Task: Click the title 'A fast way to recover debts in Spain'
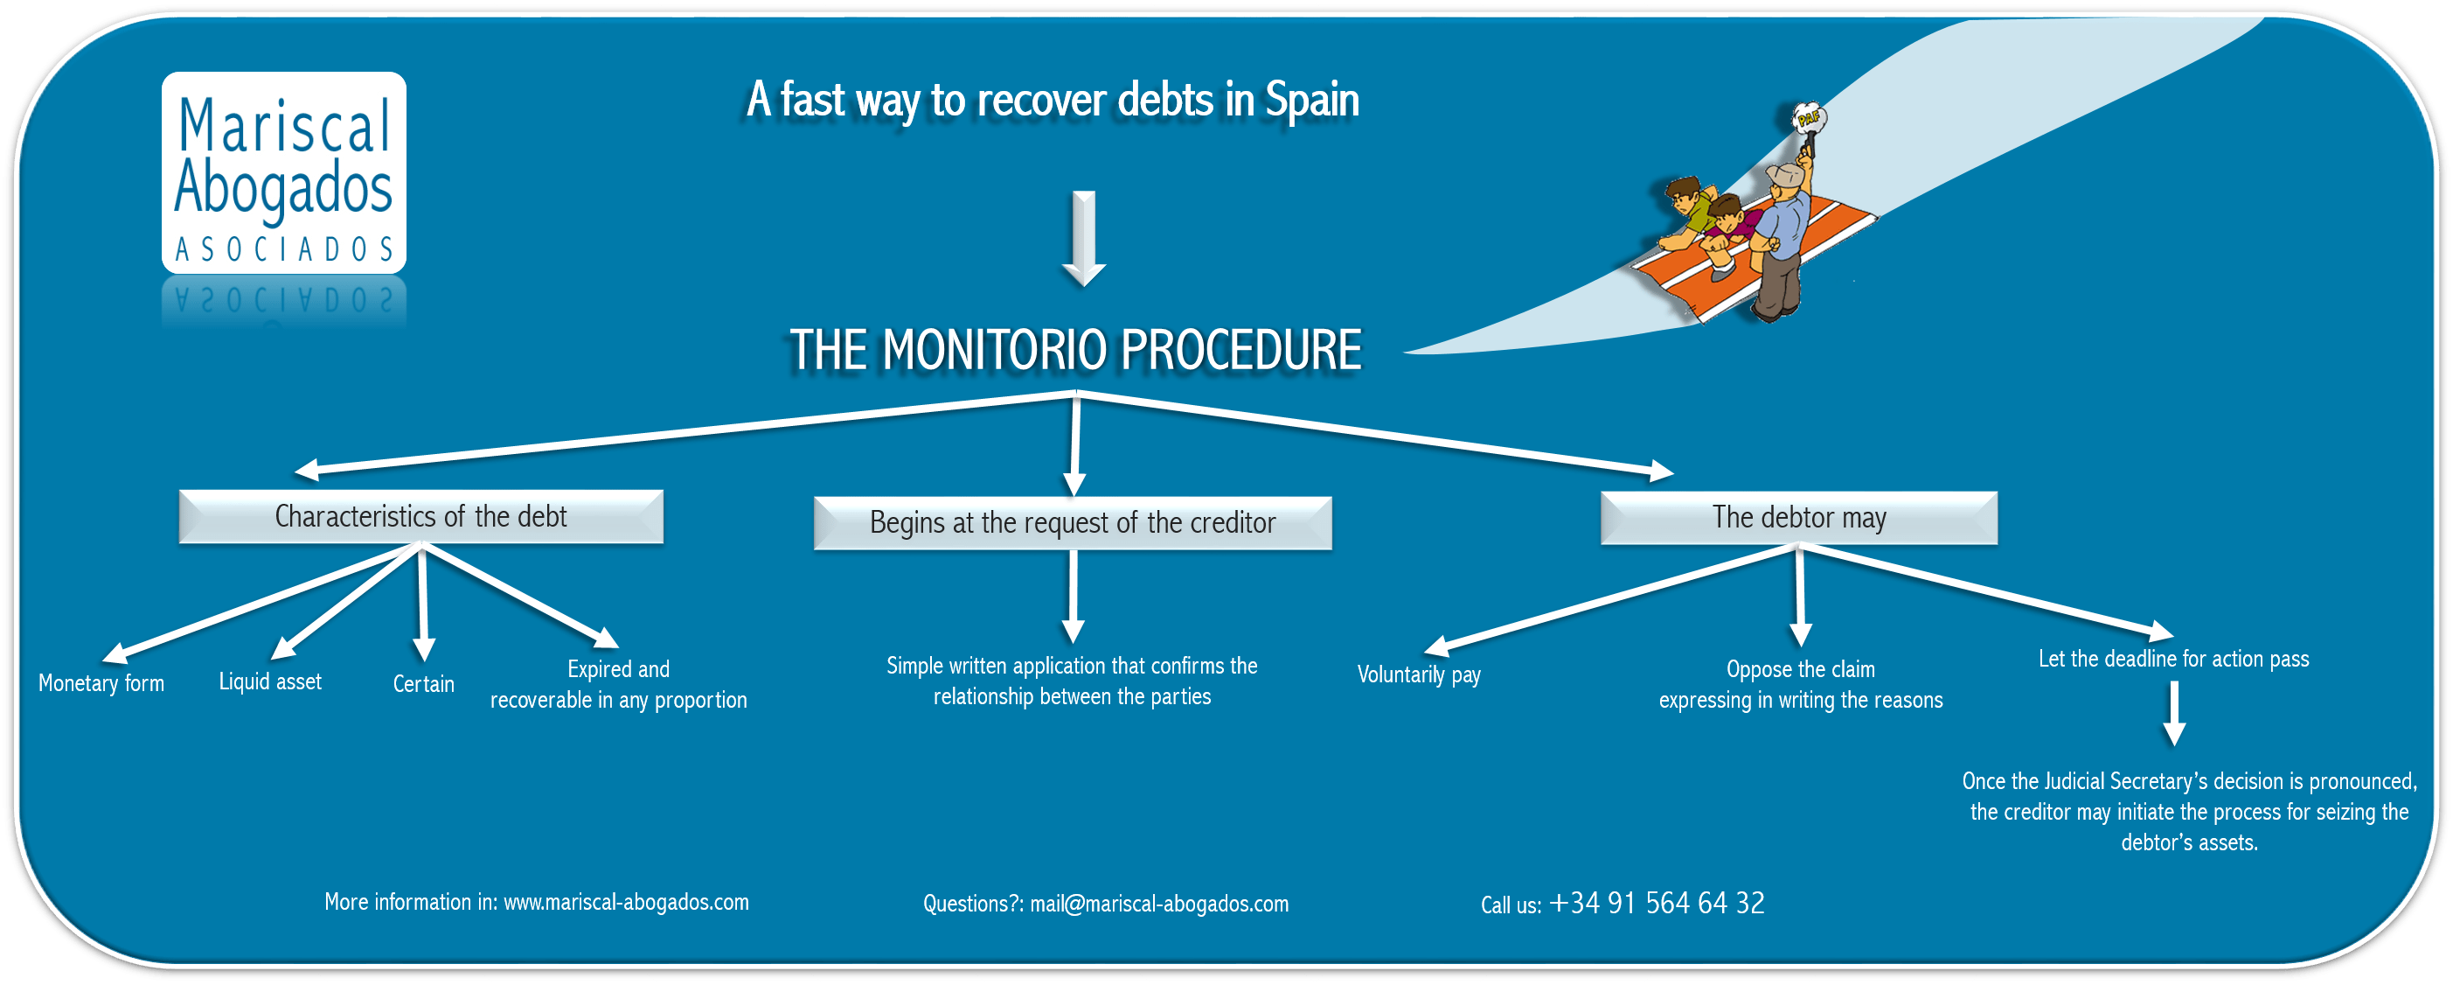[x=1053, y=100]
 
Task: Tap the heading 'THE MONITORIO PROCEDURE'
[x=1075, y=350]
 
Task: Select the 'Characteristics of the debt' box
[x=420, y=516]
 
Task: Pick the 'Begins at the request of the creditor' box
[x=1073, y=523]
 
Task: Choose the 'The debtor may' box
[x=1799, y=517]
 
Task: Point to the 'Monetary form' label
[x=101, y=683]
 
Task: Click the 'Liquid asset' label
[x=270, y=681]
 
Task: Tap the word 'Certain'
[x=424, y=684]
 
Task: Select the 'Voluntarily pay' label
[x=1419, y=674]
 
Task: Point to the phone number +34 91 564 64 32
[x=1657, y=903]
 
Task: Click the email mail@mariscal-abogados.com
[x=1159, y=904]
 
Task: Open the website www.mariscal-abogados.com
[x=626, y=902]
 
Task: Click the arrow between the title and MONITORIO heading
[x=1084, y=238]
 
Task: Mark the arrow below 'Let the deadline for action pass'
[x=2174, y=715]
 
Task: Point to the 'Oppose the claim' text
[x=1801, y=670]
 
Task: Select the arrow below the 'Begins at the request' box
[x=1074, y=597]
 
